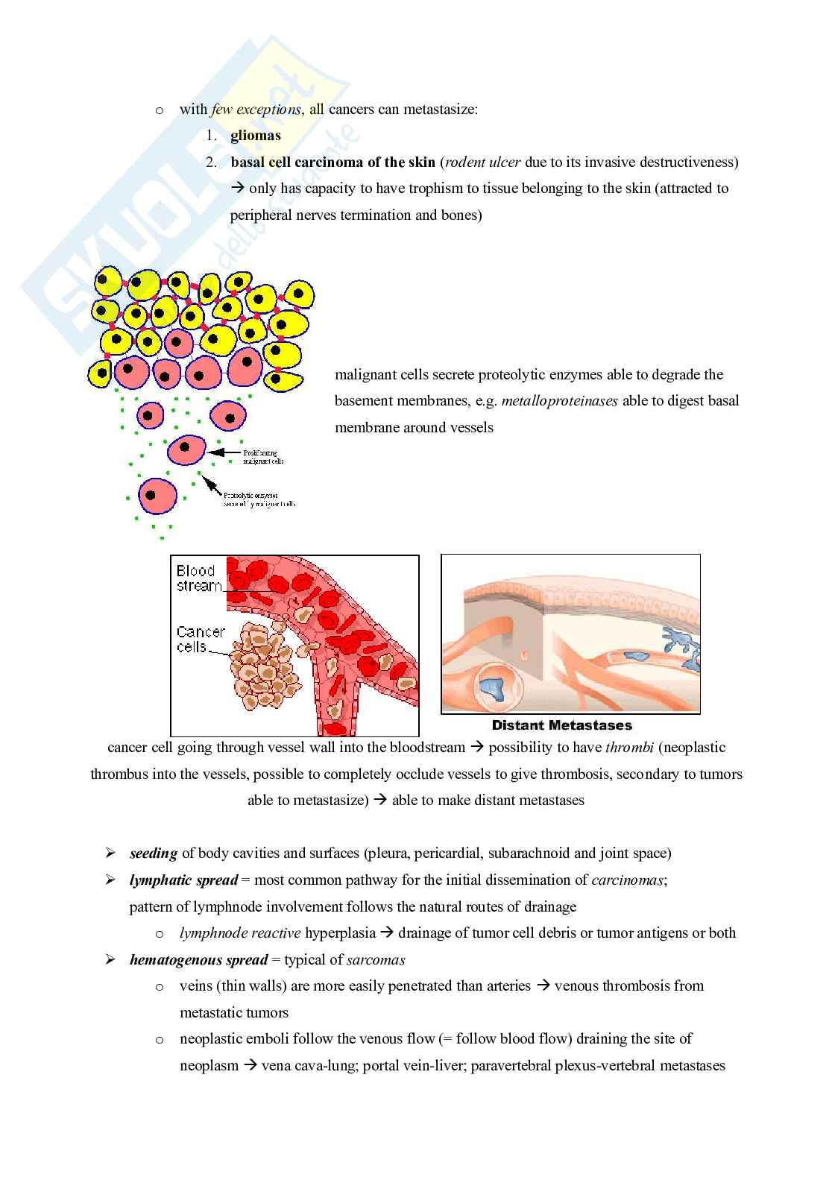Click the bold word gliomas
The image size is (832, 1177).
pyautogui.click(x=256, y=136)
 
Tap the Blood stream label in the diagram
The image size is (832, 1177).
pyautogui.click(x=198, y=578)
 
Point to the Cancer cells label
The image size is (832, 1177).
pyautogui.click(x=200, y=640)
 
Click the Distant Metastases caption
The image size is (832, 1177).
pyautogui.click(x=561, y=725)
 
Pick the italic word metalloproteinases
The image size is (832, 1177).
pyautogui.click(x=560, y=401)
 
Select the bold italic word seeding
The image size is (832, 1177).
pyautogui.click(x=154, y=853)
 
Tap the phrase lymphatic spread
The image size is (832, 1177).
pyautogui.click(x=183, y=880)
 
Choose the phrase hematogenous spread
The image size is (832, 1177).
pyautogui.click(x=198, y=960)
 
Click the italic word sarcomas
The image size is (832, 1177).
pyautogui.click(x=376, y=960)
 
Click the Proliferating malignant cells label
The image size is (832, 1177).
pyautogui.click(x=263, y=457)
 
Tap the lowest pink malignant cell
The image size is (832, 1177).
pyautogui.click(x=158, y=496)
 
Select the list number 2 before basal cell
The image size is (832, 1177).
pyautogui.click(x=211, y=162)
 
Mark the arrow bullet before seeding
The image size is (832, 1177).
pyautogui.click(x=110, y=853)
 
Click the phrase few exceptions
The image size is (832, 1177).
pyautogui.click(x=256, y=110)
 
